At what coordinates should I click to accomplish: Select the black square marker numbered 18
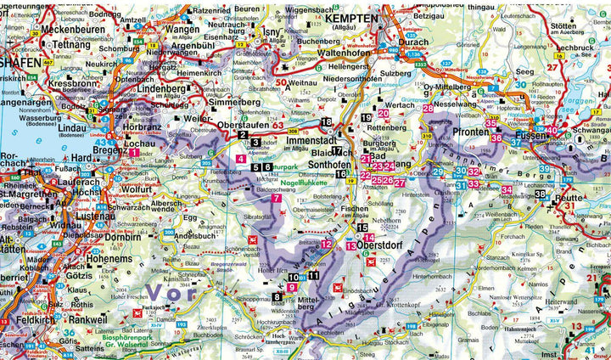coord(326,122)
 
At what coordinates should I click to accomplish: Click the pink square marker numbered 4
coord(242,159)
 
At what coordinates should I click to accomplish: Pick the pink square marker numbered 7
coord(276,198)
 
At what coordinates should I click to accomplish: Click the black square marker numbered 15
coord(362,228)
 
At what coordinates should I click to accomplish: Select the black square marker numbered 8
coord(277,295)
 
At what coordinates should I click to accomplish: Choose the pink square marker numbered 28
coord(428,109)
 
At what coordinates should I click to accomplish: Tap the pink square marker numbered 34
coord(507,189)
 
